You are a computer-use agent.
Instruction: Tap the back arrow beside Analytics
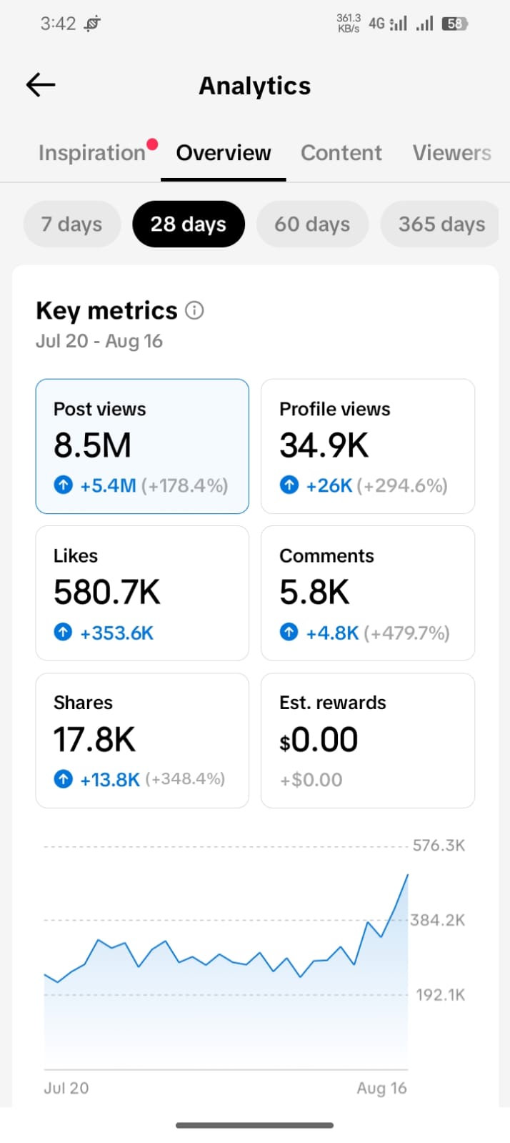[41, 84]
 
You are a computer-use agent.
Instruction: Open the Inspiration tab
[92, 153]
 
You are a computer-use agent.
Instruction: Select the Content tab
[341, 152]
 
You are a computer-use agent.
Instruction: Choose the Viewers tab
[452, 152]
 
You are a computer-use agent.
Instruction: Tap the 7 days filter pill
[72, 224]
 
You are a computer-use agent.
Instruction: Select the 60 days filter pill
[312, 224]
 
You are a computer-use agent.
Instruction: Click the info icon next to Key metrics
[194, 310]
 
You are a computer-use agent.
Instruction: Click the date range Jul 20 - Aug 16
[99, 341]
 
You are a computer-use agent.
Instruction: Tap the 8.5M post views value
[92, 445]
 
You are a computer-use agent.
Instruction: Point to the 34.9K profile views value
[324, 445]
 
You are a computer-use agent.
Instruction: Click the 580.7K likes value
[107, 592]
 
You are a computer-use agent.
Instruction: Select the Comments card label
[326, 555]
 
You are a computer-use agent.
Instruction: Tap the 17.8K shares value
[95, 739]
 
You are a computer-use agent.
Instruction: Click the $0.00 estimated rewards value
[319, 740]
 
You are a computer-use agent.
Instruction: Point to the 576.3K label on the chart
[439, 846]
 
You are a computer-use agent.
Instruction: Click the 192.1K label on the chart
[441, 994]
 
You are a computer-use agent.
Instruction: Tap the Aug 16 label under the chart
[382, 1088]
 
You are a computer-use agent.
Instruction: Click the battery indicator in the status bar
[455, 24]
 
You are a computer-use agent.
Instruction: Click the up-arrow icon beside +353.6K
[64, 632]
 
